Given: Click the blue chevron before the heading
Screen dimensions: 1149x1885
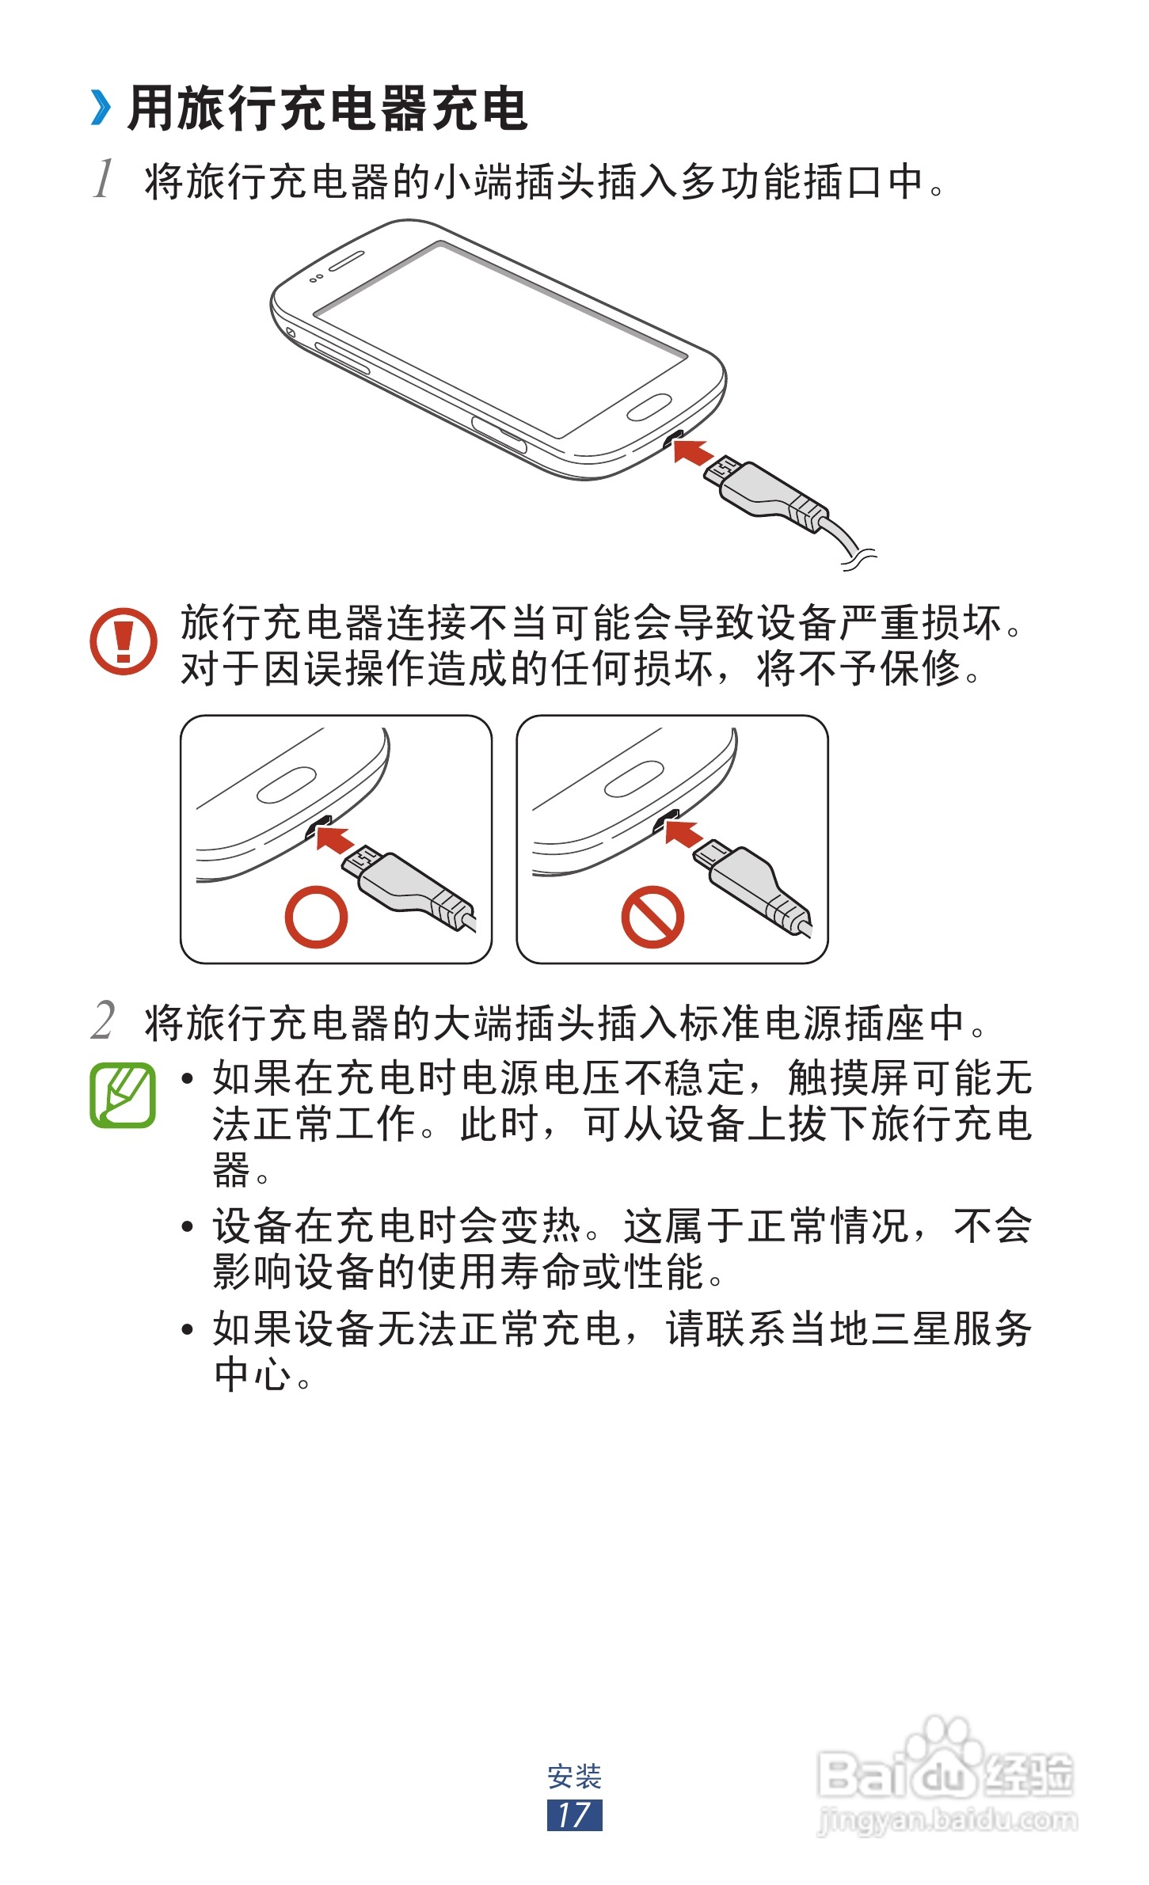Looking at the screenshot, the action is [101, 108].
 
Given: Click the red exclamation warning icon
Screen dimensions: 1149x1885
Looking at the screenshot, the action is [123, 640].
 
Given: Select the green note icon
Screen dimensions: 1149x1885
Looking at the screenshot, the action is [123, 1095].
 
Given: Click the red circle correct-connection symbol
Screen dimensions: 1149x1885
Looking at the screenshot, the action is [316, 917].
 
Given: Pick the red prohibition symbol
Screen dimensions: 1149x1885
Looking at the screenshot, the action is [652, 917].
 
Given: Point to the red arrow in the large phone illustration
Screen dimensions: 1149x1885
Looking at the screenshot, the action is [691, 453].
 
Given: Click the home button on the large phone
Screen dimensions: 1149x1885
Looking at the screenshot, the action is [649, 407].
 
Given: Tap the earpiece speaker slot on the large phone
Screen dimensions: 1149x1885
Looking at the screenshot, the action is [346, 260].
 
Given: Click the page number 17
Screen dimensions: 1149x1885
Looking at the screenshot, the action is [574, 1815].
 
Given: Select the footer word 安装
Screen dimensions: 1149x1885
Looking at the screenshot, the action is [574, 1776].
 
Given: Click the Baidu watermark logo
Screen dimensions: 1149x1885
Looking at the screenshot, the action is [945, 1762].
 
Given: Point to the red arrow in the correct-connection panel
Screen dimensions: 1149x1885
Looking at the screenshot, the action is [334, 839].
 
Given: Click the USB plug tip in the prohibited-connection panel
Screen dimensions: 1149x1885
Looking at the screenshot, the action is [712, 855].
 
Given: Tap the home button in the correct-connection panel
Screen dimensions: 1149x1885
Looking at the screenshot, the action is [287, 785].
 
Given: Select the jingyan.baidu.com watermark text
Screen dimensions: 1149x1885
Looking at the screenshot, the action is [947, 1820].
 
